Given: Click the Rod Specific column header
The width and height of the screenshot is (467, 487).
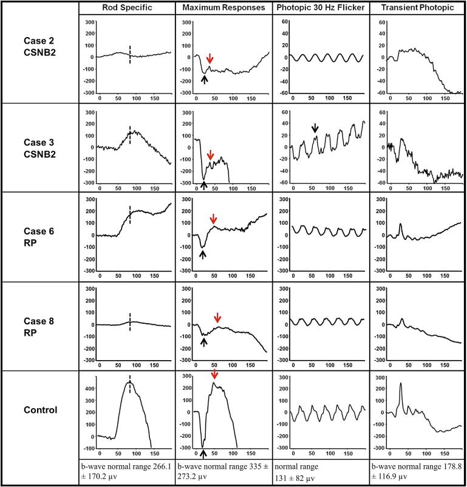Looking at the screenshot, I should point(127,7).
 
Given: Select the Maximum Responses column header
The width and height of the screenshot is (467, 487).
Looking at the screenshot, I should point(223,7).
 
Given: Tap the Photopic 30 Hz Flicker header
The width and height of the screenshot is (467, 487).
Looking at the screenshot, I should point(319,7).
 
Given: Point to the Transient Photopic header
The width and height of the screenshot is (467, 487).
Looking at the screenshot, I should point(417,7).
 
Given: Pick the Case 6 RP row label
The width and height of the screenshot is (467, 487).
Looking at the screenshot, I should point(40,236).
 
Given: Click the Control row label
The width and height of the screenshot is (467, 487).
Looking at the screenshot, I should point(40,409).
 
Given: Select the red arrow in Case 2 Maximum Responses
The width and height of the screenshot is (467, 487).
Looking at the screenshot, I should point(210,58).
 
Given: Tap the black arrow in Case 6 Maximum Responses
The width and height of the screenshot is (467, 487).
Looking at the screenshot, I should point(202,254).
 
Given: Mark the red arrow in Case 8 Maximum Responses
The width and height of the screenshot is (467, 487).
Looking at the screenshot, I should point(218,318).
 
